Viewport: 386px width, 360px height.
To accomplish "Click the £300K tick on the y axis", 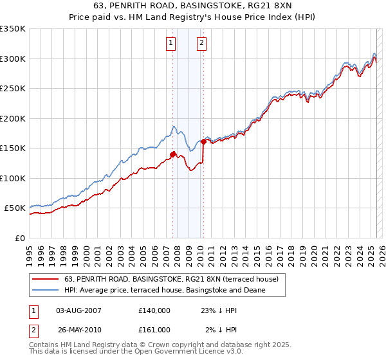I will point(13,59).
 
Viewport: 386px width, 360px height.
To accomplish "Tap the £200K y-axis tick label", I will point(13,118).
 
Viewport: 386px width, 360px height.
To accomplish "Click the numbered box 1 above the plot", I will point(171,43).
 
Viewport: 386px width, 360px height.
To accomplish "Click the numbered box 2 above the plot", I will point(201,43).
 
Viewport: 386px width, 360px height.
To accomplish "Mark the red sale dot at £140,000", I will point(172,154).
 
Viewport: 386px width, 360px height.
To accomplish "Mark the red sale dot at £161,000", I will point(204,141).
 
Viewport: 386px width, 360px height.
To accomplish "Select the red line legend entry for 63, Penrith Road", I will point(171,280).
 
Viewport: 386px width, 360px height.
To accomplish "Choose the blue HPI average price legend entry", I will point(165,291).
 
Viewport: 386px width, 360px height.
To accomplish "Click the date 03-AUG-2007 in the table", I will point(78,310).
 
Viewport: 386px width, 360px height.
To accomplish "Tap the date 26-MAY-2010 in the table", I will point(78,330).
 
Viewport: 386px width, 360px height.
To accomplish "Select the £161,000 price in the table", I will point(154,330).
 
